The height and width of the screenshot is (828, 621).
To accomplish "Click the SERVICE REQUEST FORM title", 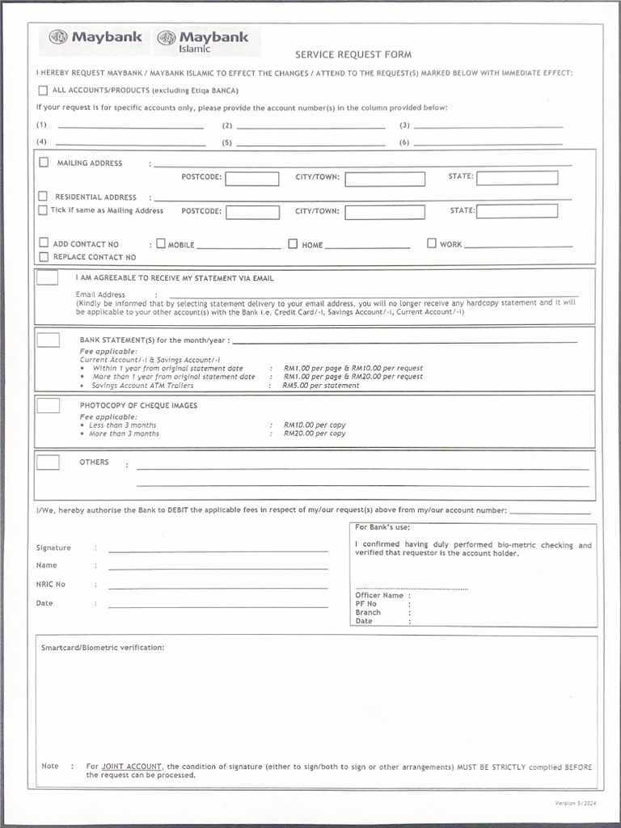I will coord(353,55).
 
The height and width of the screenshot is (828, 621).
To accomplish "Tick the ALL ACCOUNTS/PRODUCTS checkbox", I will coord(44,91).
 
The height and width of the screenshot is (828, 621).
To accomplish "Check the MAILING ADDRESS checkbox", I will coord(44,163).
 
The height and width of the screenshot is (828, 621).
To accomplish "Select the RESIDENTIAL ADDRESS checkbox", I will coord(43,196).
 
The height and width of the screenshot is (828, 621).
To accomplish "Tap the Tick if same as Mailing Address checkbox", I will coord(43,210).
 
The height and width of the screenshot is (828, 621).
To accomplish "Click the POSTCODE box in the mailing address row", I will coord(251,179).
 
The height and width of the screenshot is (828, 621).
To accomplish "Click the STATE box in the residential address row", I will coord(517,211).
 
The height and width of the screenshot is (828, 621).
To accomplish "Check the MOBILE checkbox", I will coord(161,243).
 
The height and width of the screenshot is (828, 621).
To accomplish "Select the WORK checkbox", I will coord(432,243).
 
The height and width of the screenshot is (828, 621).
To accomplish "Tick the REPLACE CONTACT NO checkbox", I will coord(44,257).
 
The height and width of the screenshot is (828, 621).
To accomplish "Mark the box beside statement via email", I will coord(48,277).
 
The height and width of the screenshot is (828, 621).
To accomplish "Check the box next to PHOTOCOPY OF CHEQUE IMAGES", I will coord(48,405).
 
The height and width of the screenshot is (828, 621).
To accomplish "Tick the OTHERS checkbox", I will coord(48,463).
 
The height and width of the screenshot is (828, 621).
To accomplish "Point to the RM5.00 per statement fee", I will coord(321,386).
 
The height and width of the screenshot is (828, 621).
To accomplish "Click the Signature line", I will coord(218,550).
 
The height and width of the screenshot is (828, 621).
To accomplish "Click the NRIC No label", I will coord(51,584).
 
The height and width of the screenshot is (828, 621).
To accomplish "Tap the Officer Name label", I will coord(378,595).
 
